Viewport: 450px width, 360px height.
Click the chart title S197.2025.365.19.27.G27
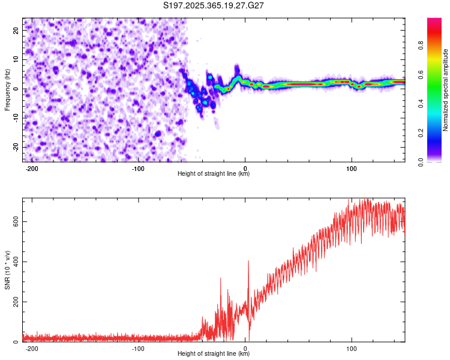[214, 5]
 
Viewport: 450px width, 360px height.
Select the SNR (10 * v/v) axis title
[7, 270]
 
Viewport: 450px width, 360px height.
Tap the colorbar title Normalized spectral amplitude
[446, 90]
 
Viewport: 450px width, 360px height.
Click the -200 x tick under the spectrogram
[32, 168]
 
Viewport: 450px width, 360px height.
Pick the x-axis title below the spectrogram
[214, 174]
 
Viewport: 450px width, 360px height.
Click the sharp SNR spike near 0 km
[248, 262]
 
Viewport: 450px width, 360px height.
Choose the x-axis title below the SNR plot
[214, 354]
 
